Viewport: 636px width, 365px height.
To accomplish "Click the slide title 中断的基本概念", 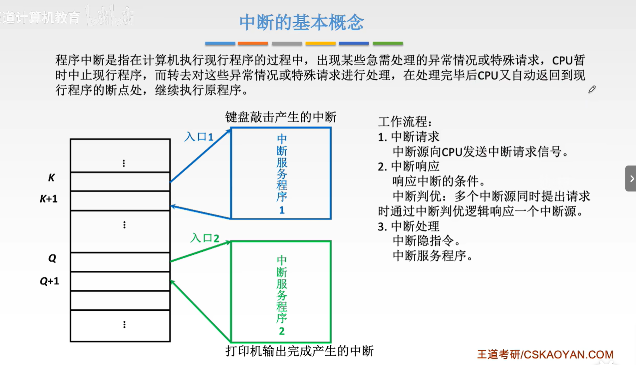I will (301, 22).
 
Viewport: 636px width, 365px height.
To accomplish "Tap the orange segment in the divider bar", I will (253, 43).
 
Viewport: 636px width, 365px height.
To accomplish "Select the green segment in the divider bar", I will (388, 43).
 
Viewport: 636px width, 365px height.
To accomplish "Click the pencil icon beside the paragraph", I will (592, 89).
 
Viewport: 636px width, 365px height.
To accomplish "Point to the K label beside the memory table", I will (51, 178).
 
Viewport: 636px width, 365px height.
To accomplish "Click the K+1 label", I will (49, 199).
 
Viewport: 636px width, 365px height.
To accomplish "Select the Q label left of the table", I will (52, 258).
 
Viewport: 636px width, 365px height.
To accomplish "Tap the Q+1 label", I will (49, 281).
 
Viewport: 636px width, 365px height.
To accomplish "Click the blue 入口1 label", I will (199, 137).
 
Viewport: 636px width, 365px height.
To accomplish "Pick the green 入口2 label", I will (205, 238).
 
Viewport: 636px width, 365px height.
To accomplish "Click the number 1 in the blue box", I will (282, 210).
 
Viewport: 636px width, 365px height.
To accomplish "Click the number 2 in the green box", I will (282, 331).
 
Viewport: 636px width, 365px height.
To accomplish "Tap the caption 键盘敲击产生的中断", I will (281, 117).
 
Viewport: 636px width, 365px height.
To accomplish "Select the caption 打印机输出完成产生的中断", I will (299, 351).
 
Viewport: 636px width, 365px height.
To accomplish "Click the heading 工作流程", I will (405, 122).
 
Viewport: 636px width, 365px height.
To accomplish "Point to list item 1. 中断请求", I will (409, 137).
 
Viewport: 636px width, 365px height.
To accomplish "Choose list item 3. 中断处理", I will (409, 226).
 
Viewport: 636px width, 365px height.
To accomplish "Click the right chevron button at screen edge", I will (631, 179).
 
